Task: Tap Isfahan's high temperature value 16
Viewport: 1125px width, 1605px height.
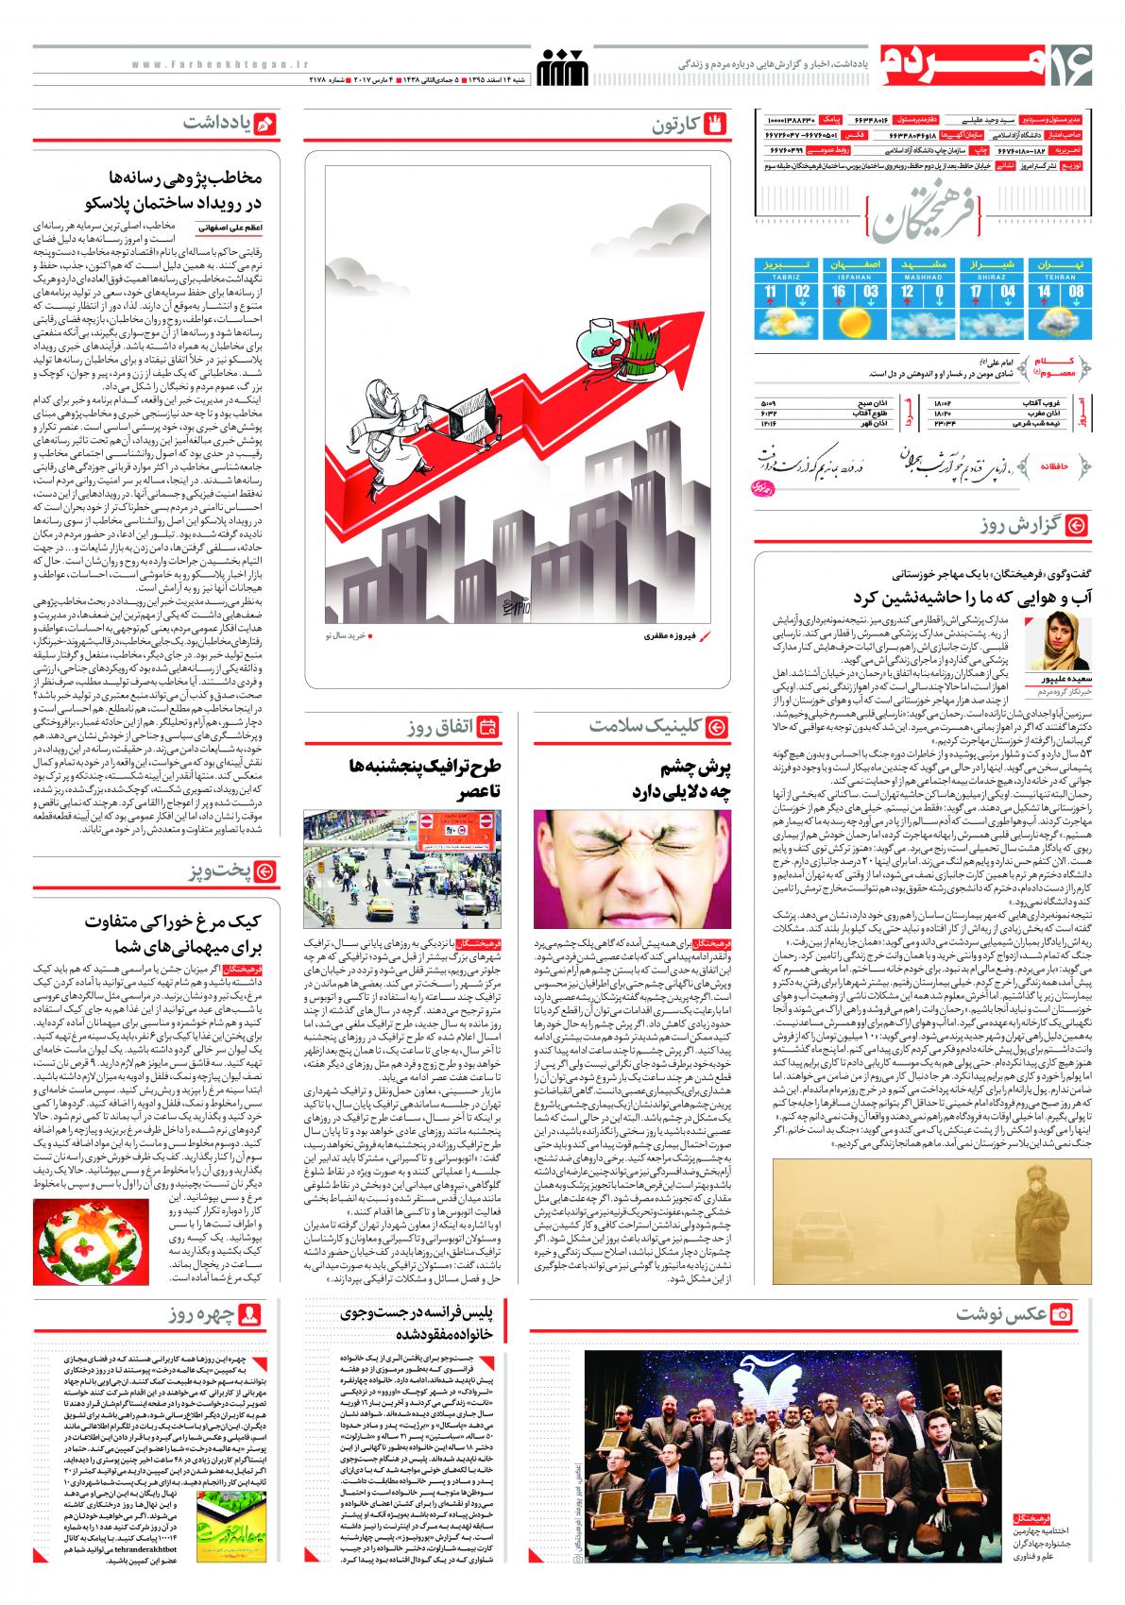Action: click(x=838, y=292)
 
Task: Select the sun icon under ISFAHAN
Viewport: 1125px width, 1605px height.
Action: click(x=857, y=324)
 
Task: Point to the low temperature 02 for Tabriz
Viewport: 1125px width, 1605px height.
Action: click(x=803, y=292)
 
